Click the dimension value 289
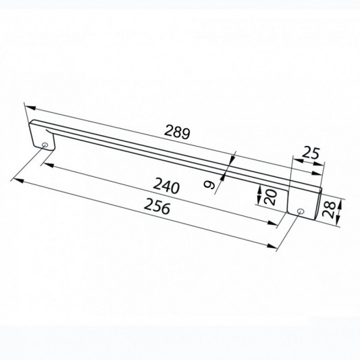click(178, 131)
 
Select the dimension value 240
click(166, 186)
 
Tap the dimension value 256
click(157, 207)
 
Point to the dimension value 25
click(311, 153)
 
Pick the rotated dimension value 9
click(209, 184)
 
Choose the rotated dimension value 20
click(270, 197)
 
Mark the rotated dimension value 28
click(329, 209)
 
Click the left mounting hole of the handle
click(45, 145)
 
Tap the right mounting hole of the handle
click(300, 211)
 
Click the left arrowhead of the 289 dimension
click(30, 107)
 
